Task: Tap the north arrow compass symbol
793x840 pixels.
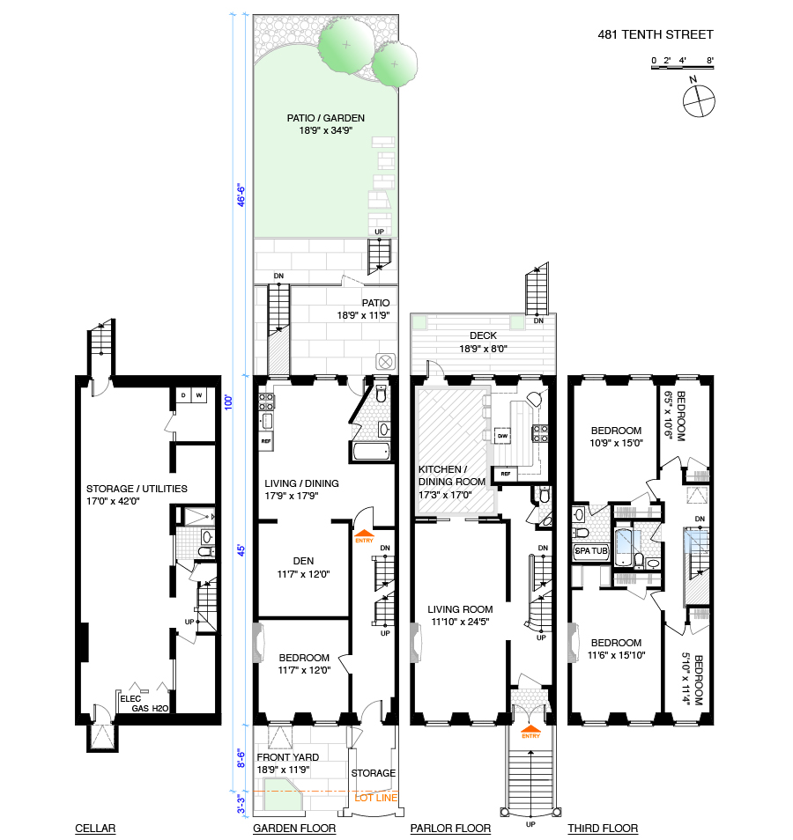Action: [697, 100]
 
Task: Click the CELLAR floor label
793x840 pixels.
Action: [95, 829]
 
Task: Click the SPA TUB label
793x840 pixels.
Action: [590, 551]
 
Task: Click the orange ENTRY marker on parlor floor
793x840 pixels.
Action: [530, 733]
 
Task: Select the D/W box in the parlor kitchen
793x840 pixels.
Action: [501, 435]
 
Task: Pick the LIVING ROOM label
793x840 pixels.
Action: [460, 609]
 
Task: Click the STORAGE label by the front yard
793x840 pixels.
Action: [374, 773]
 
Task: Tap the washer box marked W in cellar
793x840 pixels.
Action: [199, 394]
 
